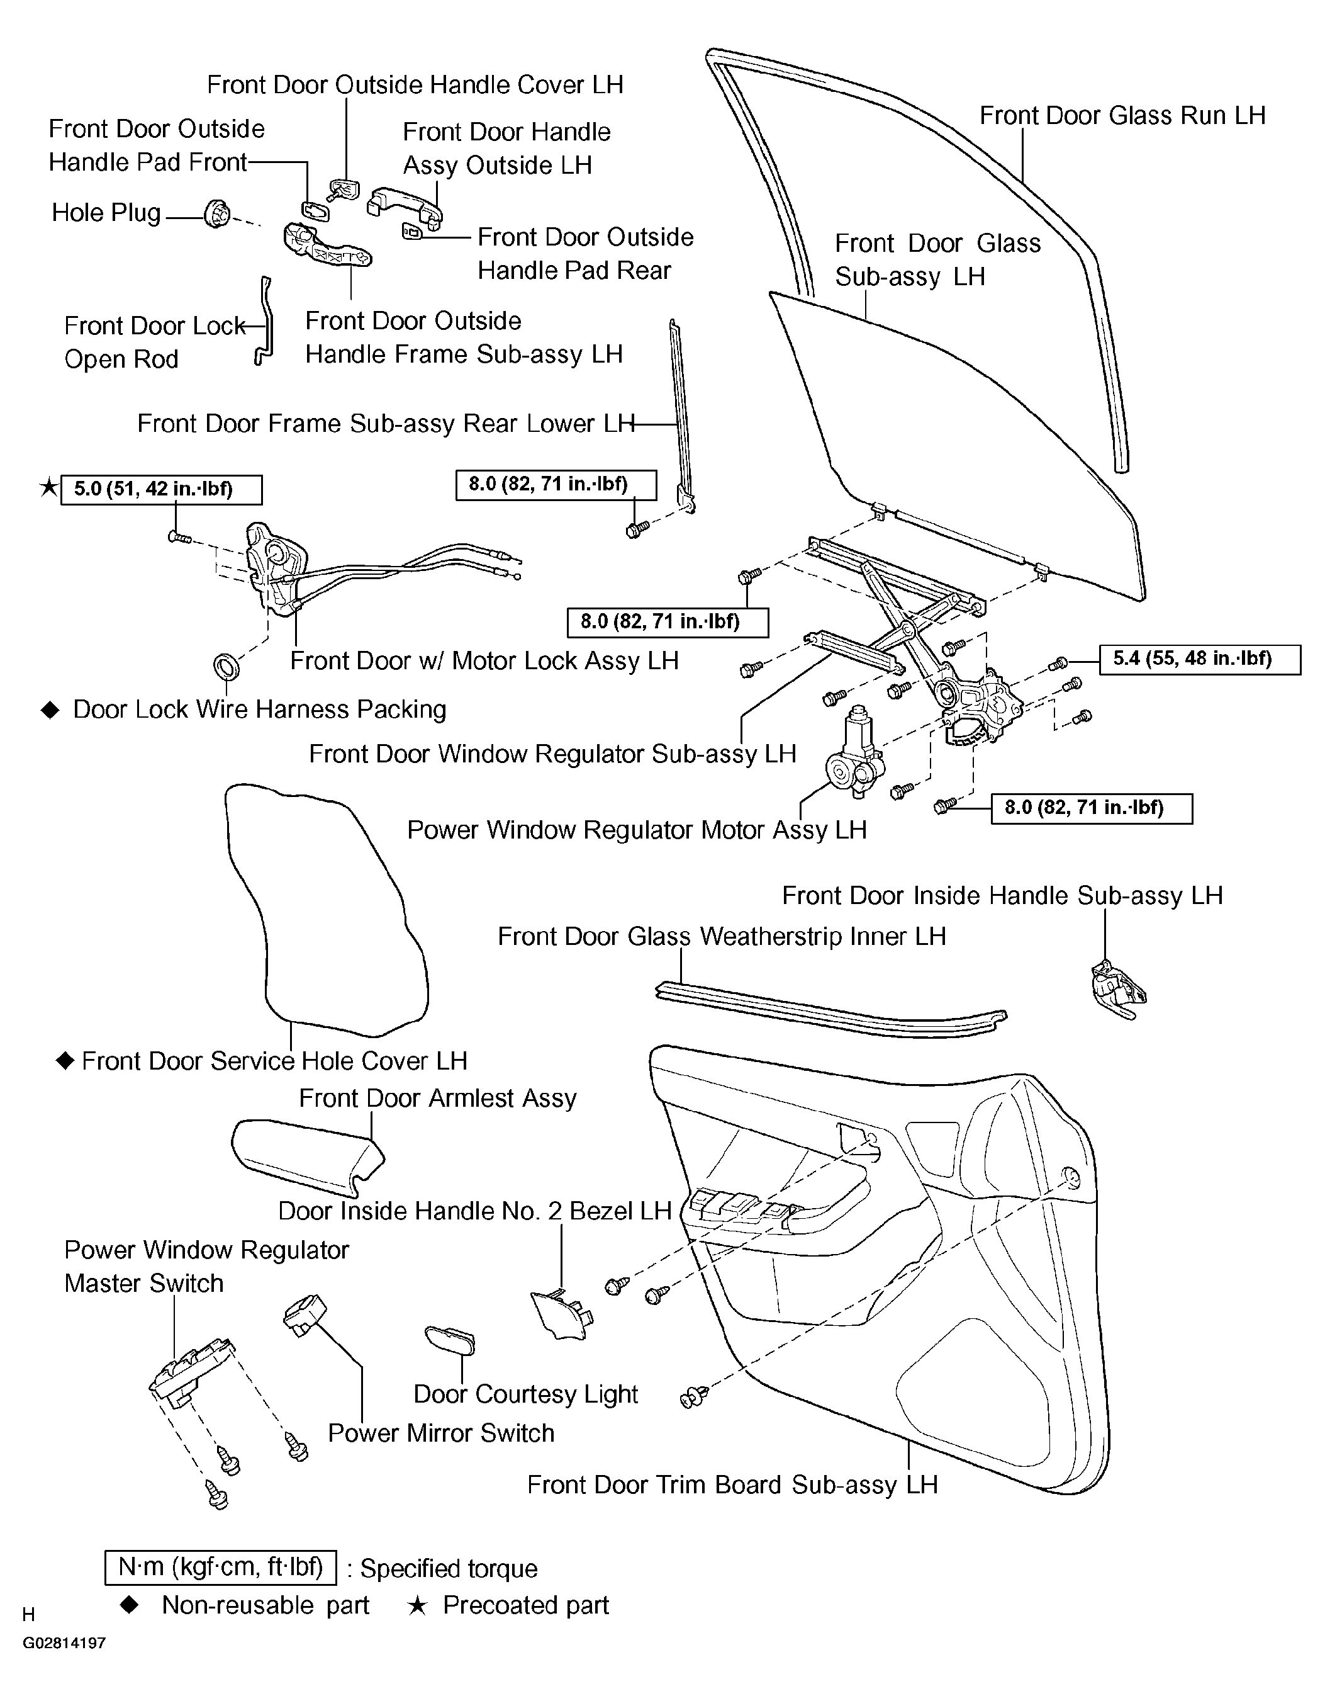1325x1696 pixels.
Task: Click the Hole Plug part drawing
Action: [x=216, y=213]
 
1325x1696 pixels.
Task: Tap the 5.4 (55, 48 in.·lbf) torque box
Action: [x=1199, y=659]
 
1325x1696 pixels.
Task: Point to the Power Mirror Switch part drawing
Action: [x=303, y=1316]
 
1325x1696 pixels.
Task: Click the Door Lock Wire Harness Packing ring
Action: [x=226, y=665]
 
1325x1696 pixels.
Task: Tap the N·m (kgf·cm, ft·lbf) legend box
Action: [x=220, y=1567]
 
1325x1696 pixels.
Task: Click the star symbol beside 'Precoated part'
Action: [x=417, y=1605]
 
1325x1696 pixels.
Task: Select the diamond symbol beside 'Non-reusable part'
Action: [x=130, y=1604]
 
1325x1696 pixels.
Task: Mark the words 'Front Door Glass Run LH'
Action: [x=1122, y=116]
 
